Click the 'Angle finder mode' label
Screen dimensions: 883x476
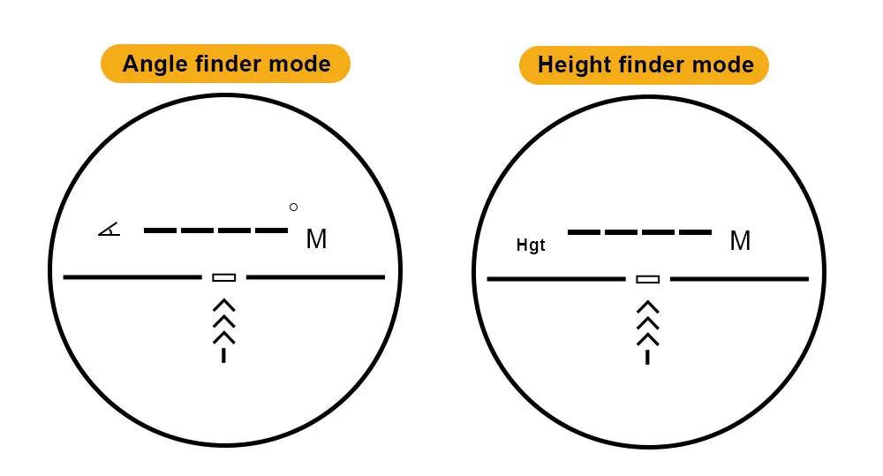226,64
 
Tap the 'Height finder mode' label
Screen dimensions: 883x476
645,64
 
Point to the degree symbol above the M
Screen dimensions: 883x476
294,208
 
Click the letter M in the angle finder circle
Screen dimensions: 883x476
316,239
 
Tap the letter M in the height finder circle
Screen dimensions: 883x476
740,240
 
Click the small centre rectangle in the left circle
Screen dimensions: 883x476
224,277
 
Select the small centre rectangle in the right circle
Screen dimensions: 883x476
648,279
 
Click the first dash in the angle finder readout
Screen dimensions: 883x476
161,230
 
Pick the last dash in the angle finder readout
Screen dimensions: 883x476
272,230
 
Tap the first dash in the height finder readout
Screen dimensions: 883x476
585,232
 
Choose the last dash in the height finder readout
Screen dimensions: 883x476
696,232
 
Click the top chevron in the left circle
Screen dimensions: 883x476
224,306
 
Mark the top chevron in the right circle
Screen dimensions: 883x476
648,307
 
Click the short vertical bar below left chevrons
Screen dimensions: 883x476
224,355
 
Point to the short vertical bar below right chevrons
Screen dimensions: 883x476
648,357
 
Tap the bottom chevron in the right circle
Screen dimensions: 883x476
648,339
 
